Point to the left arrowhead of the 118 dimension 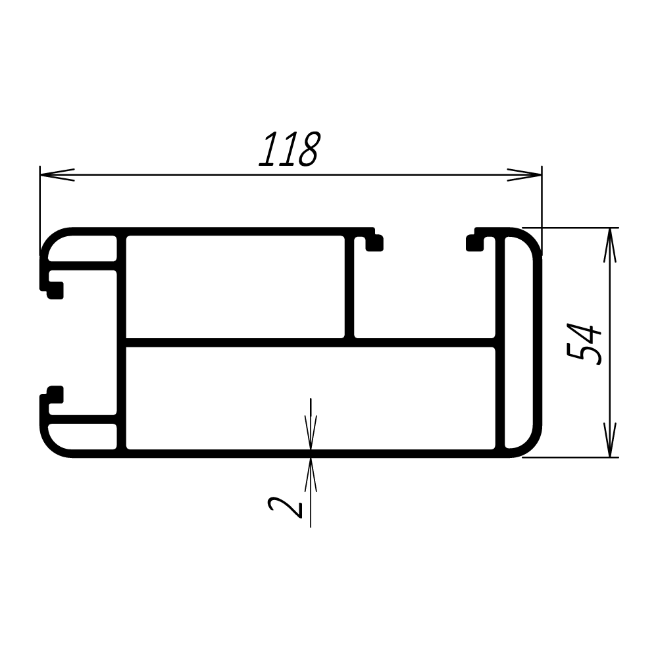[x=57, y=174]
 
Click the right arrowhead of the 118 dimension [x=524, y=174]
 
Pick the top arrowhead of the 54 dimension [x=610, y=245]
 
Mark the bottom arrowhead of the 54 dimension [x=610, y=440]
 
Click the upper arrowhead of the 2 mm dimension [x=311, y=432]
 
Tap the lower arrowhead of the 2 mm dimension [x=311, y=474]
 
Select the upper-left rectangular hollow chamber [x=235, y=287]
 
